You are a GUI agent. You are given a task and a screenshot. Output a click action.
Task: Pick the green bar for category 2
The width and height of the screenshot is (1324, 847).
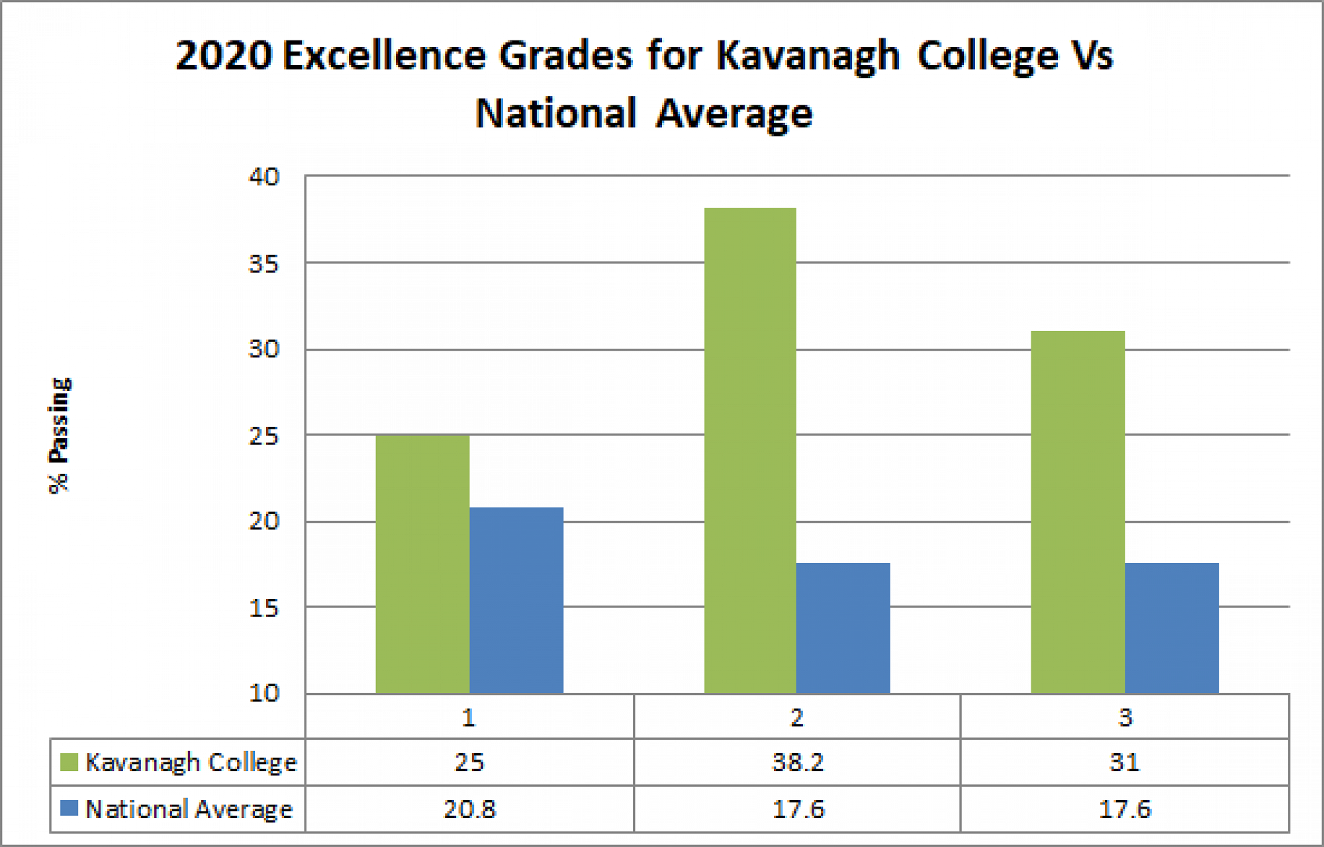750,450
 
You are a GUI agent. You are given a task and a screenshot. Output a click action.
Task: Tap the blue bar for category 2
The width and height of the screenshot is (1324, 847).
843,628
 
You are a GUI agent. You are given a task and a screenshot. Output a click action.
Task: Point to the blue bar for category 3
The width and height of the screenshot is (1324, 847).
1171,628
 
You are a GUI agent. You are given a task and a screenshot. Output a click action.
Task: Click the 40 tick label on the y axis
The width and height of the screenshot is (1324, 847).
264,177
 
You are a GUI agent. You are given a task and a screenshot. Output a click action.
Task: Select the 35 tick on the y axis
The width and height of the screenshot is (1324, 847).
264,264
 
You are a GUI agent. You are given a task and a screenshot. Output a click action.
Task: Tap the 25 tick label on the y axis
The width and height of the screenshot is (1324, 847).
264,436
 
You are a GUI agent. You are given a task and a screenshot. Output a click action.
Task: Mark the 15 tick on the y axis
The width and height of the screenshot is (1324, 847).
264,608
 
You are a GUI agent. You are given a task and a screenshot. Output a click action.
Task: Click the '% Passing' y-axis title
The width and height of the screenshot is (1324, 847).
59,435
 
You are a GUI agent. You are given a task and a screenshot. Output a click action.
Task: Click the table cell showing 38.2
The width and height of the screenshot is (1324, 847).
798,762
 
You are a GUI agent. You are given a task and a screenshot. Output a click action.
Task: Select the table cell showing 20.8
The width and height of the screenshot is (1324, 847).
469,809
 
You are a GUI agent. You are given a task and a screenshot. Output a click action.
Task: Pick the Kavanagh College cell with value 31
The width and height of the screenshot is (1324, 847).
1125,762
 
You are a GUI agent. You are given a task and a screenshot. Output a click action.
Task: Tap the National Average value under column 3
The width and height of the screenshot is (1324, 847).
1125,809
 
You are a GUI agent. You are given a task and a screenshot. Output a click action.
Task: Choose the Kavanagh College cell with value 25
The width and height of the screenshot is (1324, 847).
469,762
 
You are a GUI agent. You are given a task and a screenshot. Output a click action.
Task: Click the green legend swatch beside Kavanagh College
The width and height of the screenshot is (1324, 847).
69,762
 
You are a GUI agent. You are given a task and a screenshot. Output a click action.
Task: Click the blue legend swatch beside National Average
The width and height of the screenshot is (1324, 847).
69,808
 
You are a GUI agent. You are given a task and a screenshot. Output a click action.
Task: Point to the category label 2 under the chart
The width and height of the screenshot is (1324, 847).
797,717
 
